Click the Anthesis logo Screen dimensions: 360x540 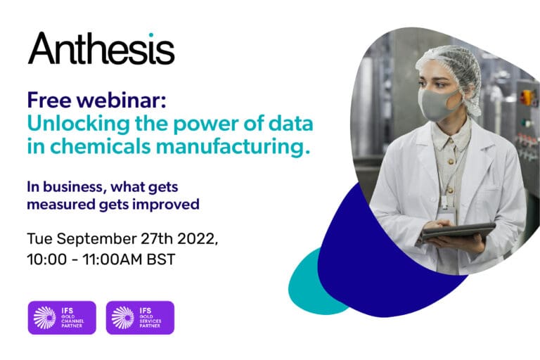(101, 49)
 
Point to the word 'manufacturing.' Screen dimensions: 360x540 (236, 149)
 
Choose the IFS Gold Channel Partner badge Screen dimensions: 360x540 (61, 317)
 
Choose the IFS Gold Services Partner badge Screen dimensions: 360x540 (140, 317)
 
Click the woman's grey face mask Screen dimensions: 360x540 (435, 103)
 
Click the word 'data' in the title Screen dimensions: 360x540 (286, 125)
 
